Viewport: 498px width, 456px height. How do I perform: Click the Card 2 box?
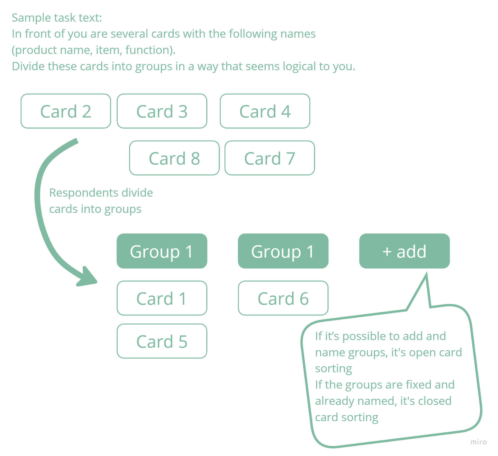66,111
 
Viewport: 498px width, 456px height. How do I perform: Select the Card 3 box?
162,111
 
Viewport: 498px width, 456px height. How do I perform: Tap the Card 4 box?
265,111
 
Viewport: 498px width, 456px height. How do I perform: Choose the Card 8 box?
174,158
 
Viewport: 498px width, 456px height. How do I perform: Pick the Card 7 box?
270,158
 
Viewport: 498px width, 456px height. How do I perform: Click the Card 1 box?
162,298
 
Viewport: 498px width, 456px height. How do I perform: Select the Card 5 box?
162,341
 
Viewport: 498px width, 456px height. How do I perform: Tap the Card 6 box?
283,298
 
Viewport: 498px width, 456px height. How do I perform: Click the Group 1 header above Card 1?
162,251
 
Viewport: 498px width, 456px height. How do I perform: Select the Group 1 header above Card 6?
283,251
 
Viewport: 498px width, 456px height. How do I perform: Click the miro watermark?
478,442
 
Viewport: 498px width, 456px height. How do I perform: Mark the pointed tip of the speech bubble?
427,273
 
